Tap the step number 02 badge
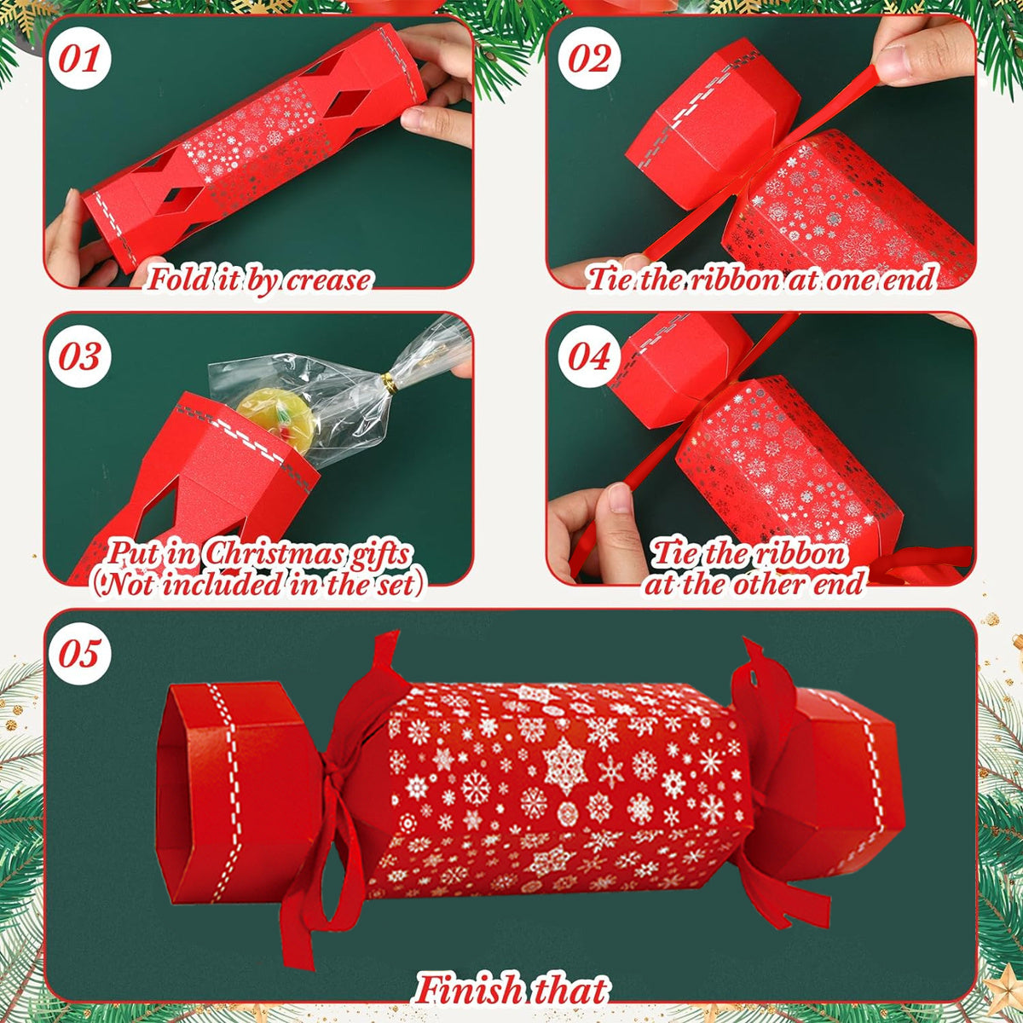590,60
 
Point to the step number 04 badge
590,356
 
